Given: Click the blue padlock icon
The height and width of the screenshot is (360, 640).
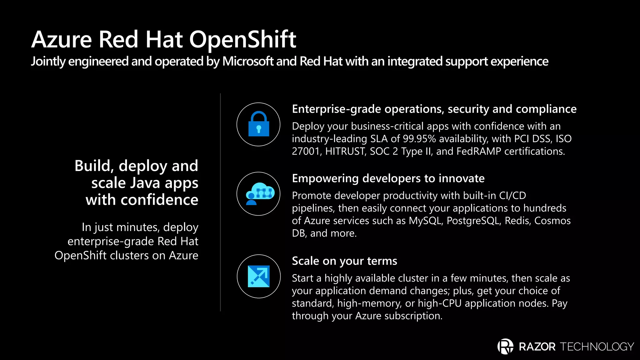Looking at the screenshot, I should click(258, 124).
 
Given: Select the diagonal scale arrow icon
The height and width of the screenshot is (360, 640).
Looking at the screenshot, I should click(258, 276).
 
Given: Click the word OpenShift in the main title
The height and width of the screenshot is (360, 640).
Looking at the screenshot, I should click(242, 40).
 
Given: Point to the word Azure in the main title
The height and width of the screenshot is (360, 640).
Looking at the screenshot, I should click(62, 40).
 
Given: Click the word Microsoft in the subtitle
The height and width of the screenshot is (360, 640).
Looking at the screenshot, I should click(247, 61).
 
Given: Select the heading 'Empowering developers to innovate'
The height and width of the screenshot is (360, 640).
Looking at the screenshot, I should click(388, 178).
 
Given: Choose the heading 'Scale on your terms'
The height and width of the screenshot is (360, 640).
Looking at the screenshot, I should click(344, 261).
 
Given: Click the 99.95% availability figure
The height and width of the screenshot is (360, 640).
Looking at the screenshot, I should click(419, 139).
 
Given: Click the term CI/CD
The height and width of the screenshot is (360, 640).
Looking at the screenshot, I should click(512, 196).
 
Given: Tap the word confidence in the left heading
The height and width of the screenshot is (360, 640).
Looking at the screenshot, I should click(159, 200).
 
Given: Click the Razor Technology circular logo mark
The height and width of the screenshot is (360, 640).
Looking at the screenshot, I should click(505, 346).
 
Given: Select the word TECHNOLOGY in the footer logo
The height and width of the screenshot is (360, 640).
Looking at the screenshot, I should click(597, 347).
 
